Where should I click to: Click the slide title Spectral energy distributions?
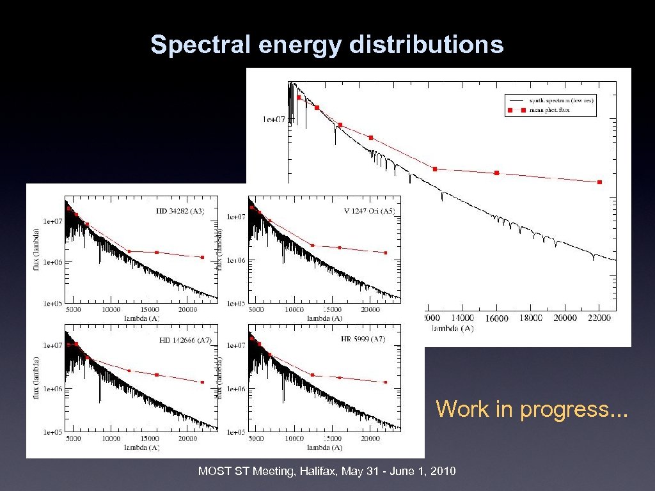tap(327, 45)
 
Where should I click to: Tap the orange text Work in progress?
tap(532, 409)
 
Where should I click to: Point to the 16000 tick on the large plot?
tap(496, 318)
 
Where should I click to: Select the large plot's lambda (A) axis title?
tap(452, 328)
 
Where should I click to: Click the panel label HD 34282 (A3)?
tap(180, 211)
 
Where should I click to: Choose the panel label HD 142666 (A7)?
tap(182, 340)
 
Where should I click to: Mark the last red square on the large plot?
tap(599, 182)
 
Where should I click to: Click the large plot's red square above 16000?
tap(496, 173)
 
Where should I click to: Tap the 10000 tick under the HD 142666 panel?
tap(111, 439)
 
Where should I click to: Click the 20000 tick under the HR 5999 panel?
tap(370, 439)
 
